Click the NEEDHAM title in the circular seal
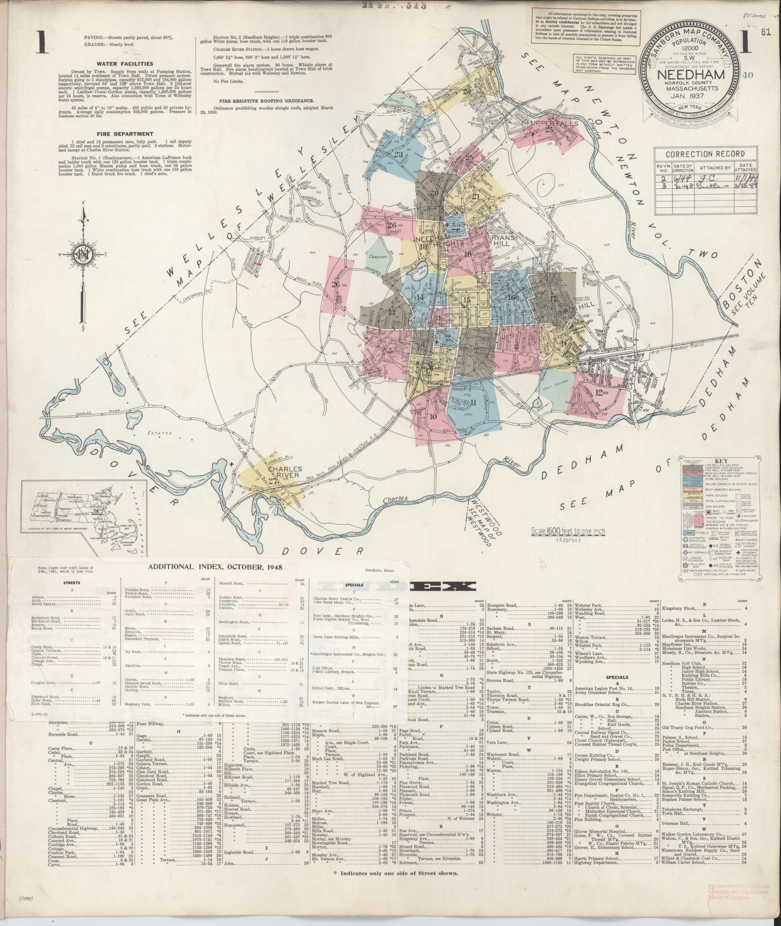tap(690, 75)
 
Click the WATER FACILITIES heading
tap(124, 63)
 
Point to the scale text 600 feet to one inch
tap(567, 531)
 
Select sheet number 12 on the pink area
tap(599, 392)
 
